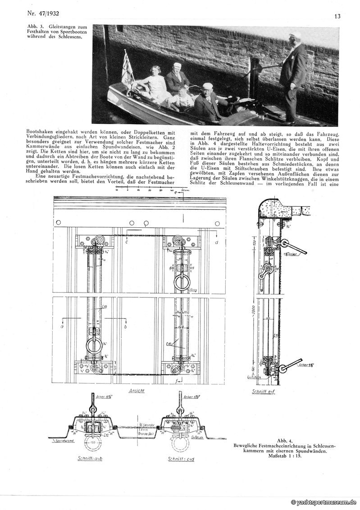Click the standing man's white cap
pos(296,35)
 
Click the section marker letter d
pos(217,244)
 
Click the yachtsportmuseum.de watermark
pos(324,502)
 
